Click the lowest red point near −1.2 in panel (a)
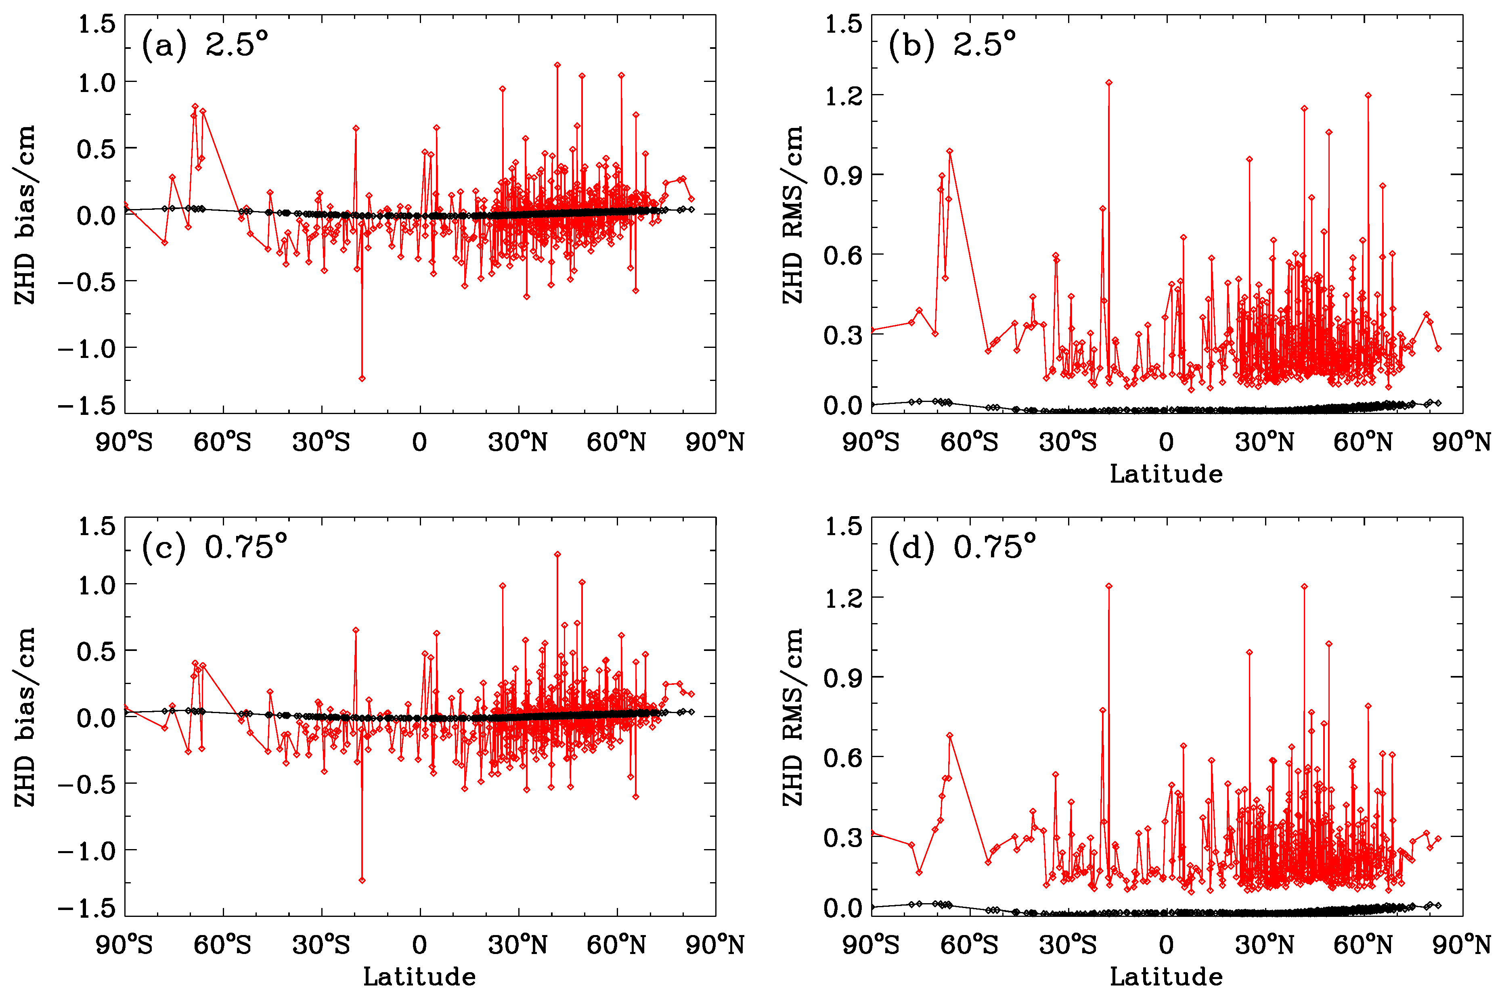point(362,378)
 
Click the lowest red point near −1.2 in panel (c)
point(362,880)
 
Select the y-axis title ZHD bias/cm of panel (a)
point(25,215)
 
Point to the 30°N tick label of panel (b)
point(1264,442)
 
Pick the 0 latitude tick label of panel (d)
point(1166,945)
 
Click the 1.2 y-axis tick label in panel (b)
point(843,96)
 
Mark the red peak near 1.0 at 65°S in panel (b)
point(949,151)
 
